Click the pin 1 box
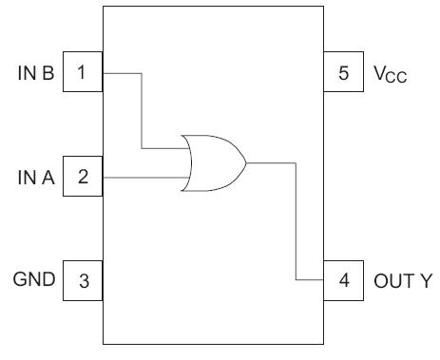(83, 73)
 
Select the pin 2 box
(83, 177)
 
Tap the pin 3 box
(83, 280)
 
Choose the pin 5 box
(342, 73)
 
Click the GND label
(35, 280)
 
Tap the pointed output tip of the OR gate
(246, 162)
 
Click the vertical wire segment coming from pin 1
(142, 109)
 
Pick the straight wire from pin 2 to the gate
(143, 177)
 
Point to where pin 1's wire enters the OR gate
(183, 148)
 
